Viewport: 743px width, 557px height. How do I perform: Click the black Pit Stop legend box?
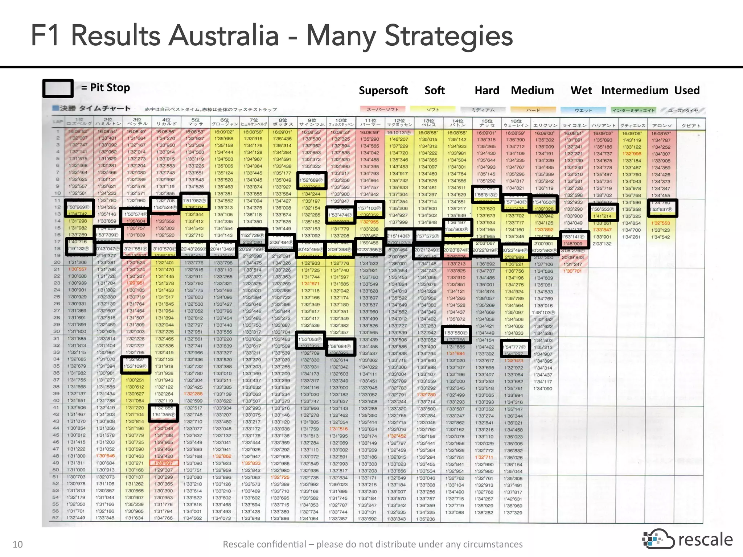(58, 88)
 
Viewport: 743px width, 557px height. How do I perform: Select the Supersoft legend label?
(383, 90)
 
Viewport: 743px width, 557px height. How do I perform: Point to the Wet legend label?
(581, 90)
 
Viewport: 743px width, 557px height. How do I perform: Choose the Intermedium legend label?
(635, 90)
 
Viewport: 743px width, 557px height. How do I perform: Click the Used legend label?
(687, 90)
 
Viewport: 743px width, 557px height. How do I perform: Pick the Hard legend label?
(487, 90)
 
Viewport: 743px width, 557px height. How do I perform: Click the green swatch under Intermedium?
(633, 110)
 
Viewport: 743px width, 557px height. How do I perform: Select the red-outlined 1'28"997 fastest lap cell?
(164, 463)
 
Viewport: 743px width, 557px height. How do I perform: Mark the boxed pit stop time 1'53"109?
(135, 366)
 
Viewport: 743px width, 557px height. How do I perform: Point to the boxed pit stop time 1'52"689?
(311, 180)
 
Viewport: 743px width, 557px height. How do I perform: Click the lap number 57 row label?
(56, 518)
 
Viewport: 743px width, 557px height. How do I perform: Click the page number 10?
(17, 544)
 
